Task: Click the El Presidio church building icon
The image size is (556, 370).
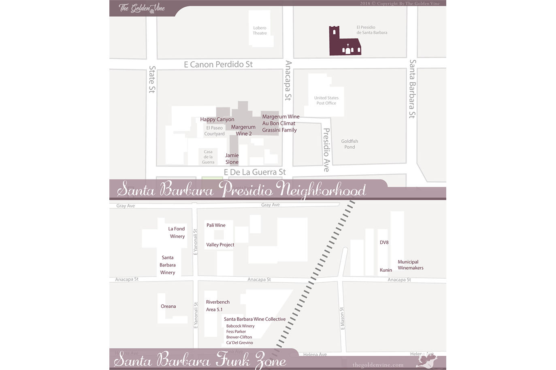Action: pos(344,42)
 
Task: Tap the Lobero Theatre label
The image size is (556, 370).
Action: pos(260,31)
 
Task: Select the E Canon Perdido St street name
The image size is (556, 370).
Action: pos(218,65)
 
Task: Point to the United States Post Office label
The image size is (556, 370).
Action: pos(326,100)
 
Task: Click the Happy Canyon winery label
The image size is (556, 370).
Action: pos(217,119)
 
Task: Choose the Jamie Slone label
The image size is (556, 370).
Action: pos(232,159)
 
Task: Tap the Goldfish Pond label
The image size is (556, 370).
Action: pos(349,144)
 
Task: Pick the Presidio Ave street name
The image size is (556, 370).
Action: pos(326,150)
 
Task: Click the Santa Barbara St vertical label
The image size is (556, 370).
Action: pos(412,89)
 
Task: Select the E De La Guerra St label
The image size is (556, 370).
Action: pos(255,172)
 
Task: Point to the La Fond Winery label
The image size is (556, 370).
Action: pos(177,233)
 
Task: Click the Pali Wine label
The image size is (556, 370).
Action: pos(216,225)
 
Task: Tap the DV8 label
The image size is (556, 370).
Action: pos(384,242)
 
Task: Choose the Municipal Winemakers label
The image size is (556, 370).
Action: pos(410,265)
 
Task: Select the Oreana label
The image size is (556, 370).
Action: pos(168,306)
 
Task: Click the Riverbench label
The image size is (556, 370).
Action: pos(218,302)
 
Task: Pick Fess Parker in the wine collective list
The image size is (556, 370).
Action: pos(236,332)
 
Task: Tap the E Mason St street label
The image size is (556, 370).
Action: pos(342,318)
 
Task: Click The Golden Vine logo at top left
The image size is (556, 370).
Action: pos(142,8)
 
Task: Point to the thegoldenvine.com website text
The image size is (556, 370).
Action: pos(378,365)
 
